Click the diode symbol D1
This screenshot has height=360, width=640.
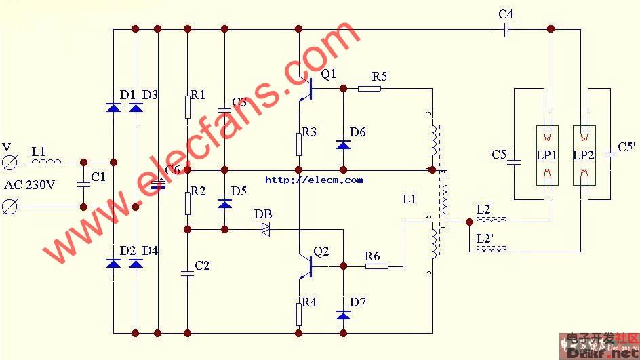(x=113, y=107)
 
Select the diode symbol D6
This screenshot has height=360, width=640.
(x=343, y=144)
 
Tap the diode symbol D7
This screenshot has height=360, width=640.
(x=343, y=315)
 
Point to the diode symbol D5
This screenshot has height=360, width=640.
(x=224, y=204)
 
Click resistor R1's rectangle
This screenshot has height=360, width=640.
(x=187, y=107)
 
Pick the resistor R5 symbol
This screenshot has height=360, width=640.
(x=369, y=88)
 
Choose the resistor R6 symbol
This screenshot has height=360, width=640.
(x=377, y=266)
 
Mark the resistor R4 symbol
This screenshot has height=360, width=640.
(x=298, y=314)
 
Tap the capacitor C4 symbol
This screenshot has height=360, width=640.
(x=506, y=29)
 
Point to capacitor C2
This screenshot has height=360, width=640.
(x=187, y=273)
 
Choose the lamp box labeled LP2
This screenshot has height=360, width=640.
(x=583, y=155)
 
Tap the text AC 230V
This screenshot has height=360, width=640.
(x=31, y=184)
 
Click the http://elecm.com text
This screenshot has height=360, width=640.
(x=314, y=180)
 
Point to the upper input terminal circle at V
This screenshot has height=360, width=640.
(x=10, y=162)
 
